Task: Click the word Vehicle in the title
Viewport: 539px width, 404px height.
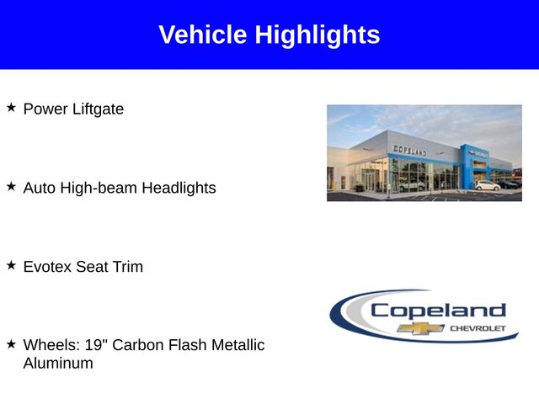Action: pos(203,35)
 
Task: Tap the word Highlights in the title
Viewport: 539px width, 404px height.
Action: pos(318,35)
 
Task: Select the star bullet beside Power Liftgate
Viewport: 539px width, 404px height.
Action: pos(11,107)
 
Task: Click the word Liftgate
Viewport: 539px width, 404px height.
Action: pos(98,109)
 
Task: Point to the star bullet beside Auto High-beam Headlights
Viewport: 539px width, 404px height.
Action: pos(11,186)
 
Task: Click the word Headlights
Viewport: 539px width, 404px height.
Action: pos(179,188)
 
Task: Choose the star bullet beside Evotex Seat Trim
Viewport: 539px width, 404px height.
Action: pos(11,265)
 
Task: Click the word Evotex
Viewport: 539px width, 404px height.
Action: pos(47,267)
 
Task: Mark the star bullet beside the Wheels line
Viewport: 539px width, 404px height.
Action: pos(11,343)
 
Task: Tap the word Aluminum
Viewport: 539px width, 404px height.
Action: pos(58,363)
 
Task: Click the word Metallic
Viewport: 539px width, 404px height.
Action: pos(237,345)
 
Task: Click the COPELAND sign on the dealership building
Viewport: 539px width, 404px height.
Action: pos(410,150)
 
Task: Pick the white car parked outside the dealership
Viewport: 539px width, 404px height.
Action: pos(488,185)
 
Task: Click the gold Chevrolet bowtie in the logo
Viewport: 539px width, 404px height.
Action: pos(421,328)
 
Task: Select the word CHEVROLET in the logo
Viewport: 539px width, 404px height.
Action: pos(478,328)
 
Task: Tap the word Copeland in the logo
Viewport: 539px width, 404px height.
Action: pos(438,311)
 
